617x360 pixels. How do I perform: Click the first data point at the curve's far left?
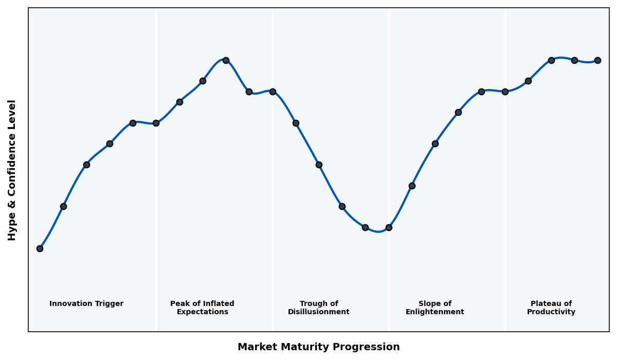coord(40,248)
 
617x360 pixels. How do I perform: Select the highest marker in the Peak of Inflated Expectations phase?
coord(226,60)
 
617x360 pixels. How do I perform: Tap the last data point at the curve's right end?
coord(597,60)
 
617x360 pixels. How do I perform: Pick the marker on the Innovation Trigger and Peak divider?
coord(156,123)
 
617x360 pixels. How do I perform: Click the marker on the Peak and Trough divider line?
coord(273,92)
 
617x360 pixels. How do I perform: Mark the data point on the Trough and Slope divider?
coord(389,227)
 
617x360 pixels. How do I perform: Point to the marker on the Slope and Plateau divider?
coord(505,92)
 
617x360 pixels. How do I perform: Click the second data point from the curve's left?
coord(63,206)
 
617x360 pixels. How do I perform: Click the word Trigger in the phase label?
coord(108,304)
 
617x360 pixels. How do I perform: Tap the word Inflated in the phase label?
coord(216,304)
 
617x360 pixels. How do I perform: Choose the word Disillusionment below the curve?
coord(319,312)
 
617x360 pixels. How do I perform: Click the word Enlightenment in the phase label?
coord(435,312)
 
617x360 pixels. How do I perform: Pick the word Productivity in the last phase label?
coord(551,312)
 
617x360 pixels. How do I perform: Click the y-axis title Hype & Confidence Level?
coord(12,170)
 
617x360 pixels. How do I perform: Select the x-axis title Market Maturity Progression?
coord(319,347)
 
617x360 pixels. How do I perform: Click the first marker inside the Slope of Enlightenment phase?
coord(412,186)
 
